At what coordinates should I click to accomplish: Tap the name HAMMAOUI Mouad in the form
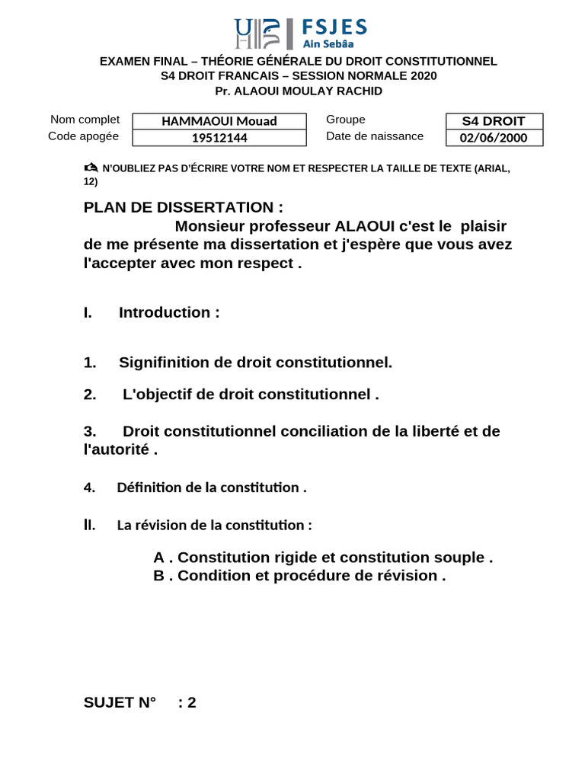219,121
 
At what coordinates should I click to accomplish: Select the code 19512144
219,138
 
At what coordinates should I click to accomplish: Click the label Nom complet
85,120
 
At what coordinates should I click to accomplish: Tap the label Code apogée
83,136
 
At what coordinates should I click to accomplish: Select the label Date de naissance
375,136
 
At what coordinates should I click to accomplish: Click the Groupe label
346,120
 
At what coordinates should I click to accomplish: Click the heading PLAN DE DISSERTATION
183,207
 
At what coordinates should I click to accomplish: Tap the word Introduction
164,312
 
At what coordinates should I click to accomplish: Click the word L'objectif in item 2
158,395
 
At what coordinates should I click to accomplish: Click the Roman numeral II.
89,525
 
